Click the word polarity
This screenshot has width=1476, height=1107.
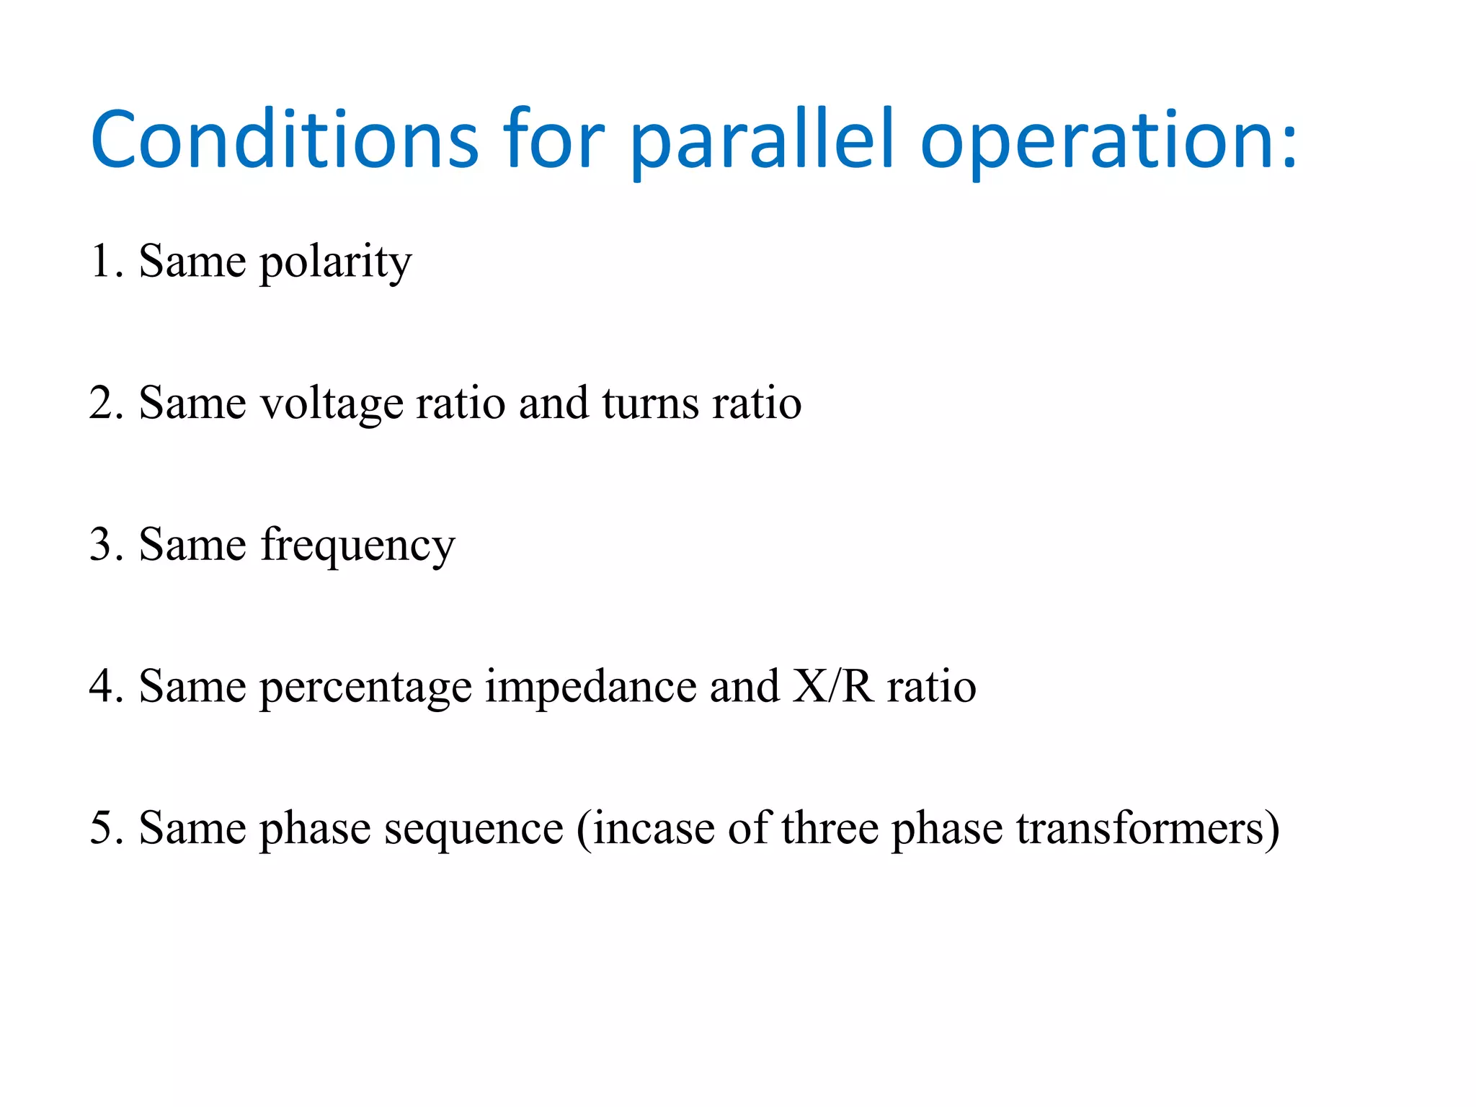(335, 262)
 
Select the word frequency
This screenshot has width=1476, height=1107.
(357, 546)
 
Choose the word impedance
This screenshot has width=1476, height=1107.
(590, 686)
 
